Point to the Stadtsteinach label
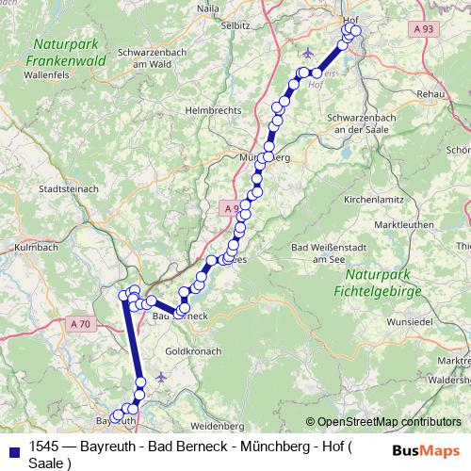68,188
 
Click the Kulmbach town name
36,248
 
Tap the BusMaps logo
425,450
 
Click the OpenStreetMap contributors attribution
383,421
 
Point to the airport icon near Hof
313,53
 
